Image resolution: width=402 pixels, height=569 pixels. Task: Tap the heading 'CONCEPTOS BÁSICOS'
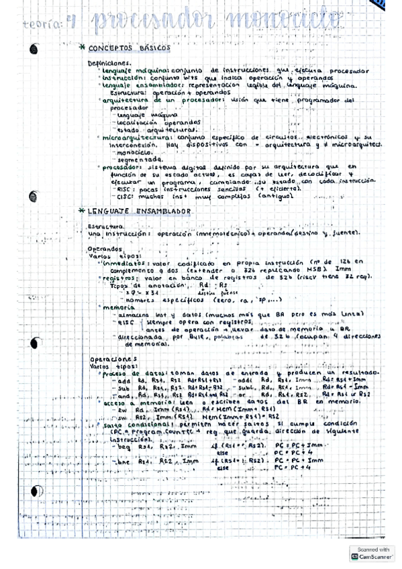pos(129,48)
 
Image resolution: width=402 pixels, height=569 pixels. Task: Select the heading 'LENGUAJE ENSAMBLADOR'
pos(140,211)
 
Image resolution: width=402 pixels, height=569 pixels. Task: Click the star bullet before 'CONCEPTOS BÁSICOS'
pos(82,48)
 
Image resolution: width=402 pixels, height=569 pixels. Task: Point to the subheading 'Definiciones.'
pos(109,63)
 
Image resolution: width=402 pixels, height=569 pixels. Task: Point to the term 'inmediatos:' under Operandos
pos(125,263)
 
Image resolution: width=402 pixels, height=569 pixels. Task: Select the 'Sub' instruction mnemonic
pos(122,387)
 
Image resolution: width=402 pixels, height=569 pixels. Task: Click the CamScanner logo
pos(354,556)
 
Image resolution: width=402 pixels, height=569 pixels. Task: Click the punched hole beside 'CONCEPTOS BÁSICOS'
pos(36,48)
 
